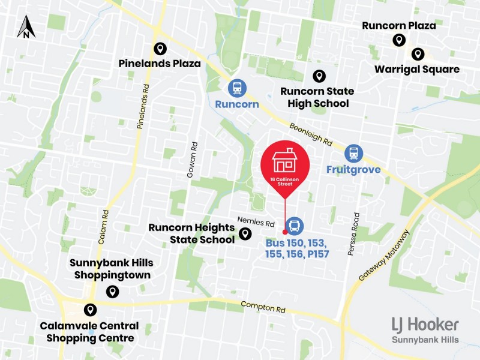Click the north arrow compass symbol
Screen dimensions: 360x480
click(x=26, y=27)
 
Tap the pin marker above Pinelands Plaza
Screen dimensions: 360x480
click(x=160, y=49)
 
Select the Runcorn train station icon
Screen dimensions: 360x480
click(x=237, y=88)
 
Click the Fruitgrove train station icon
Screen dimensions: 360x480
click(x=353, y=153)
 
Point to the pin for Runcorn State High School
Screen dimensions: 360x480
click(x=319, y=76)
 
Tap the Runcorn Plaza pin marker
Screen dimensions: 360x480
click(x=398, y=40)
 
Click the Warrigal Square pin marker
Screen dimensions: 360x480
click(x=417, y=55)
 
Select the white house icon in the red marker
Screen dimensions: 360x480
click(x=285, y=161)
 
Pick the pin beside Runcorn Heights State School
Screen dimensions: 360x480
click(x=245, y=234)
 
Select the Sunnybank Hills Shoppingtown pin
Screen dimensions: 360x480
click(x=112, y=292)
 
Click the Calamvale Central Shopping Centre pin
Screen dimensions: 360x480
click(x=90, y=310)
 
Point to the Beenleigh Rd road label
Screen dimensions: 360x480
click(x=310, y=136)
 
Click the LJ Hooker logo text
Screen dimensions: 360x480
click(x=425, y=325)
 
